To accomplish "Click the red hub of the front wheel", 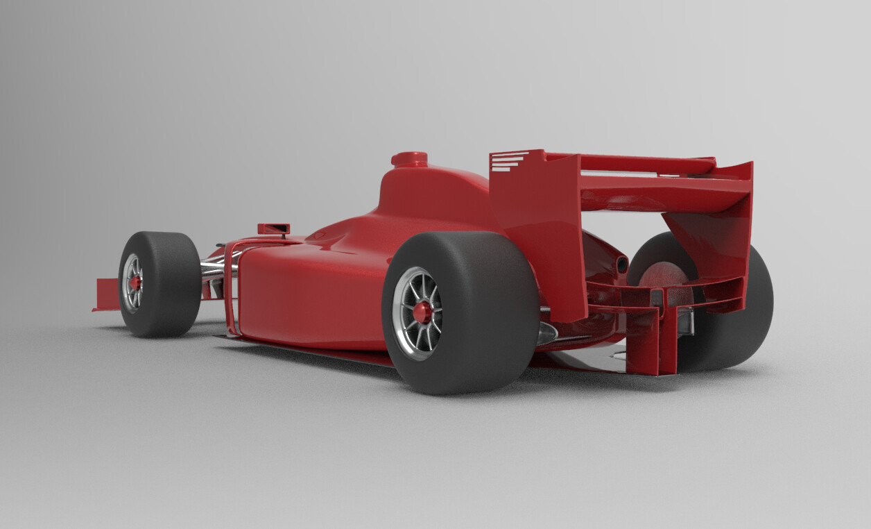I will [x=135, y=283].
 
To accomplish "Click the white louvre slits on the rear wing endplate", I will [x=508, y=161].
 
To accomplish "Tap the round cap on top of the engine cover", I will [x=409, y=158].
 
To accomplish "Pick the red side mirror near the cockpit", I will [x=273, y=228].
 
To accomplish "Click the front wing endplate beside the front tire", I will [x=107, y=294].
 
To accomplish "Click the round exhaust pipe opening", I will [x=621, y=264].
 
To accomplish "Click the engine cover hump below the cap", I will [x=430, y=194].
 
